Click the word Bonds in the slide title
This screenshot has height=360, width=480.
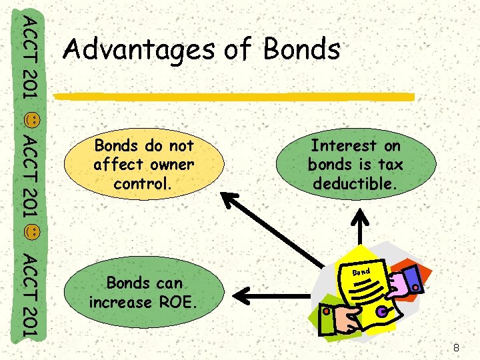click(x=302, y=49)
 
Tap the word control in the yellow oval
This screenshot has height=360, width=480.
click(x=143, y=183)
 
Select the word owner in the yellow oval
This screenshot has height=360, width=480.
click(x=170, y=164)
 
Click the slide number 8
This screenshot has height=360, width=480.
click(x=456, y=347)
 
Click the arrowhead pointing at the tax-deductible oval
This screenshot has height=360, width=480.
click(x=361, y=216)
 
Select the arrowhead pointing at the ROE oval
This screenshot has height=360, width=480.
click(x=244, y=292)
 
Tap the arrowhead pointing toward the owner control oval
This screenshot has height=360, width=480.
click(x=230, y=199)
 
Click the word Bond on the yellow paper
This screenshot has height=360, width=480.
click(x=361, y=272)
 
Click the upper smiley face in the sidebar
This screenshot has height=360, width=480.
click(x=32, y=121)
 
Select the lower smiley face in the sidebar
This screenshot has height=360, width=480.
click(x=32, y=233)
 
